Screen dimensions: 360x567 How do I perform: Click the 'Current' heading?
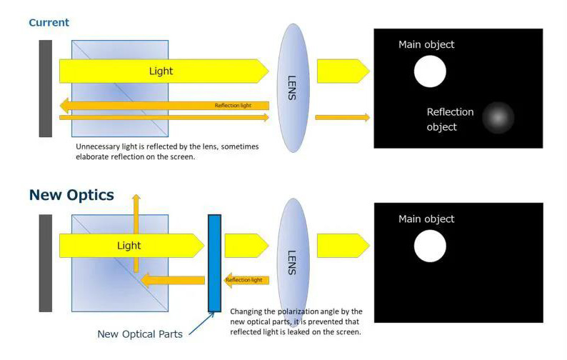(49, 22)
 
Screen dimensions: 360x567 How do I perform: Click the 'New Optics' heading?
(71, 195)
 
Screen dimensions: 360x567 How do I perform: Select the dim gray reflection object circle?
(498, 118)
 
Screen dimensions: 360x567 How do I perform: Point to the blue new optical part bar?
(214, 263)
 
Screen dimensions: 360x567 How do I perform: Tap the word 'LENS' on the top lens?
(291, 87)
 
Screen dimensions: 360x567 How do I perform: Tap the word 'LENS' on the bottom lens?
(291, 261)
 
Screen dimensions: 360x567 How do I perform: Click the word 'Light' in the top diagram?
(161, 71)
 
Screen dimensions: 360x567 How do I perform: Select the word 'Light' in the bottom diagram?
(129, 246)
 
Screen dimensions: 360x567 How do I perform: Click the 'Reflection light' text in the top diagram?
(233, 106)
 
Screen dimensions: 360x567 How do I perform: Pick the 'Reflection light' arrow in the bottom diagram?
(246, 280)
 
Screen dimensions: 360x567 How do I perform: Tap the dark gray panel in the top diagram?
(46, 88)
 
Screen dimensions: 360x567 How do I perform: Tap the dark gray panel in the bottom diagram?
(46, 263)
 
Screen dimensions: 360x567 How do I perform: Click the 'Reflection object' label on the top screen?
(450, 119)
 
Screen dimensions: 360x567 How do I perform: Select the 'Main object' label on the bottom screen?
(426, 219)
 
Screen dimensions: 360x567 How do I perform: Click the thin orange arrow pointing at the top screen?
(342, 117)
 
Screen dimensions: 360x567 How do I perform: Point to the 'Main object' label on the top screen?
(426, 44)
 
